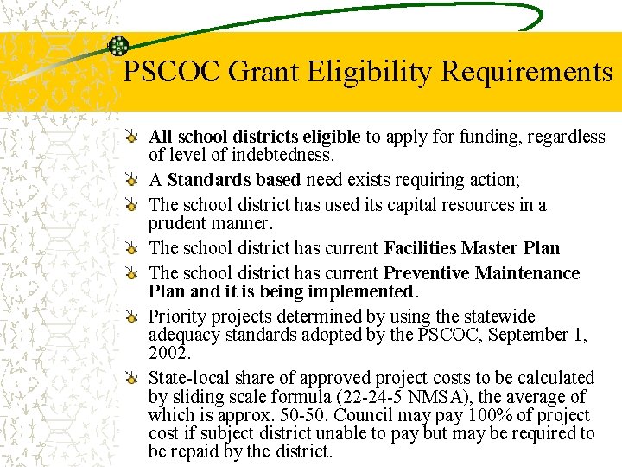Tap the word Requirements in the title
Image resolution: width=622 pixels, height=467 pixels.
click(527, 72)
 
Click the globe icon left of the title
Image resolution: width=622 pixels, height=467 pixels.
click(117, 47)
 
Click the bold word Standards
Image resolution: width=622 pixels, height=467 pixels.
click(206, 180)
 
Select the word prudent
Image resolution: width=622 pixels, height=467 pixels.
click(179, 223)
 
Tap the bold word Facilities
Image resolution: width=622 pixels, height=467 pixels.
click(420, 248)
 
